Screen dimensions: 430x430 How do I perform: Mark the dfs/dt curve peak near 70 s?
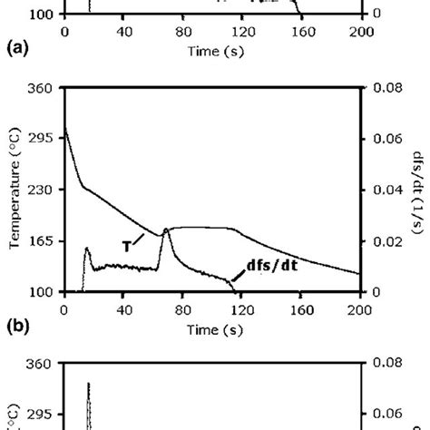click(x=166, y=230)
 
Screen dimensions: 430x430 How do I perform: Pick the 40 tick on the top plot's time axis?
click(x=123, y=30)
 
